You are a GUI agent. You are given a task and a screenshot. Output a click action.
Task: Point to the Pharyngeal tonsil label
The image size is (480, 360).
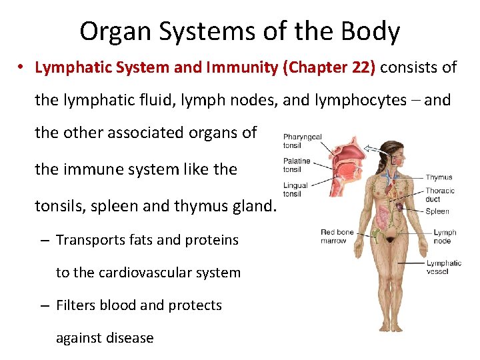point(302,141)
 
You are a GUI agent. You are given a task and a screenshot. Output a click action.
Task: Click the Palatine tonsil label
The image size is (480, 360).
point(297,165)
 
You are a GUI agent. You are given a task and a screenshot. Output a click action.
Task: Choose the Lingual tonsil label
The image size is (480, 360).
point(295,189)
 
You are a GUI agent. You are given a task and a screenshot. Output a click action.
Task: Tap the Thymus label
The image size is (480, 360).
point(439,177)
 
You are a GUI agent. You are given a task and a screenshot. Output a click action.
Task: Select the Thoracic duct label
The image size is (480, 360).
point(440,194)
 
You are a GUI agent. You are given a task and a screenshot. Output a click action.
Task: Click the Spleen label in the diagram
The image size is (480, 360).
point(437,211)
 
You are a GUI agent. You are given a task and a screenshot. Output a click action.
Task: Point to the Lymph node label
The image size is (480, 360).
point(445,237)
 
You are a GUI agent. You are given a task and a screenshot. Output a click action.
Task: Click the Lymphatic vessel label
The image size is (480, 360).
point(444,267)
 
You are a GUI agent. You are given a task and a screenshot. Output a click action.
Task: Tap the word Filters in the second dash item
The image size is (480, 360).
point(75,305)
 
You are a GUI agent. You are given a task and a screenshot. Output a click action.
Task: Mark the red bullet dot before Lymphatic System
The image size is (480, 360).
point(22,68)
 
